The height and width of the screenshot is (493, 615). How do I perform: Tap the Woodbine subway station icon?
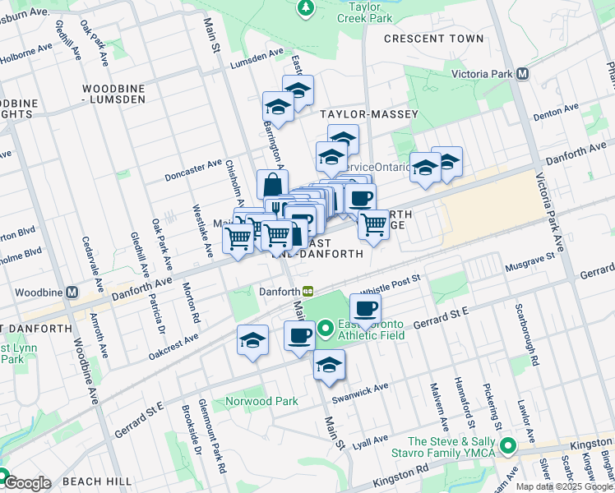(x=72, y=293)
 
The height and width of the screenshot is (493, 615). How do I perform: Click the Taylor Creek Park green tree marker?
(x=306, y=8)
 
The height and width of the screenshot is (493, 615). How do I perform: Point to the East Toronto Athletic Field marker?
(x=326, y=330)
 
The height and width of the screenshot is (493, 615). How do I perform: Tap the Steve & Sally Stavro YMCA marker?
(x=509, y=448)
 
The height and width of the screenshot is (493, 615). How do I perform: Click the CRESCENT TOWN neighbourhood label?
(x=434, y=39)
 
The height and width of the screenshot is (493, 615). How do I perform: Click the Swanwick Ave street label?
(x=359, y=393)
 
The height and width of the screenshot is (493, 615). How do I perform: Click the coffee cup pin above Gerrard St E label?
(x=365, y=309)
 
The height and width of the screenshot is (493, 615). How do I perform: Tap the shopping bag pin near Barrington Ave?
(x=272, y=184)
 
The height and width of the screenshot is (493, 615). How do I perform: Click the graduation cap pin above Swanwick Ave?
(x=329, y=365)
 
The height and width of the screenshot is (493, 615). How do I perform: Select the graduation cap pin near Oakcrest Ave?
(x=252, y=340)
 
